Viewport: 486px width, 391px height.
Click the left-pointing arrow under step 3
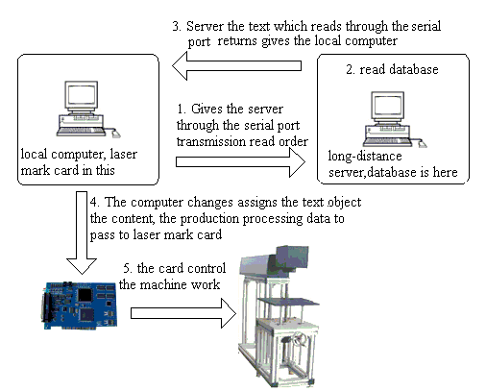236,65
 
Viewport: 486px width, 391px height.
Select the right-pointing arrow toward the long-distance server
240,162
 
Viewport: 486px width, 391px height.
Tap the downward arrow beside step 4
82,232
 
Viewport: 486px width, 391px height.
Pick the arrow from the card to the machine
183,313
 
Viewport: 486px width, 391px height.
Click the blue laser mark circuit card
79,305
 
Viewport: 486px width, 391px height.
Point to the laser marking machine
279,316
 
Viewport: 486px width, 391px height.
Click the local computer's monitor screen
81,94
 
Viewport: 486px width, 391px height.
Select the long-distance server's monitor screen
387,106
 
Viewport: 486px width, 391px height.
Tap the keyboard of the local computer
81,131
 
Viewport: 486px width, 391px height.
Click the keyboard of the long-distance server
387,142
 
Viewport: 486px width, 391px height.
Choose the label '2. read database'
392,69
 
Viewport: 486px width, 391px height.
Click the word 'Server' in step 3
205,26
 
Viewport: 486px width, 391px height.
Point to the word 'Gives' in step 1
207,110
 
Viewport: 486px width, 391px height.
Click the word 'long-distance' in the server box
365,157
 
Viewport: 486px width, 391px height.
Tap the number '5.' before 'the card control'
129,268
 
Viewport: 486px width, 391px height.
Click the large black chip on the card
85,295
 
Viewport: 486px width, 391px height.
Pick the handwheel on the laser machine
300,338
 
